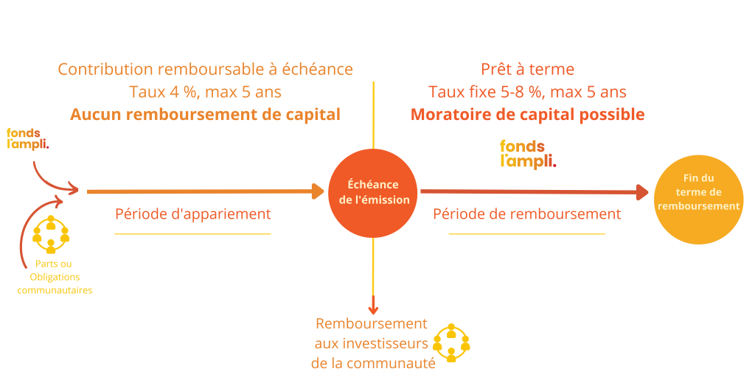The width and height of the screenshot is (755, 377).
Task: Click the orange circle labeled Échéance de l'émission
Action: click(372, 192)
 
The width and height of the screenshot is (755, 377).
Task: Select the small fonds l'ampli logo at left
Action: click(27, 138)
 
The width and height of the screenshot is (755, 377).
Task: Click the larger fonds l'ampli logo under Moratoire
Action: click(528, 154)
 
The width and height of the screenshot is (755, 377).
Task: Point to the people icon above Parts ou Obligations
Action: click(51, 234)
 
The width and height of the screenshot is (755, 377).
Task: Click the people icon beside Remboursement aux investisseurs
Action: click(451, 343)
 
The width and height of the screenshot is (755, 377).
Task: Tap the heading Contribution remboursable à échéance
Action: click(206, 69)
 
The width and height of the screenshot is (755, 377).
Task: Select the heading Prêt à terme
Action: click(528, 69)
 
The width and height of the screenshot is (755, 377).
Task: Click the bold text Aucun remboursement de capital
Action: click(206, 114)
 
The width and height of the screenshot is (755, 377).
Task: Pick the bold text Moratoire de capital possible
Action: click(528, 114)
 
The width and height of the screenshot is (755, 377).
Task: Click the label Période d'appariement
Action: click(193, 214)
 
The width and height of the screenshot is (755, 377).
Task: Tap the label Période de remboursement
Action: click(527, 214)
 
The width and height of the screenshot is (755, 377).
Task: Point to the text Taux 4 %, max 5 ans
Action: click(206, 91)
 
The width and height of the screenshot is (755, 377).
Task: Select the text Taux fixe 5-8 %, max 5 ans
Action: click(528, 91)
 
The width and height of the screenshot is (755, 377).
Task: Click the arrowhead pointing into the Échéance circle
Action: click(318, 191)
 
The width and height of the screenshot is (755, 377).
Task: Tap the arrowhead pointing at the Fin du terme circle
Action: click(643, 192)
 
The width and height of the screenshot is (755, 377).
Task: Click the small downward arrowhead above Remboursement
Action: click(373, 310)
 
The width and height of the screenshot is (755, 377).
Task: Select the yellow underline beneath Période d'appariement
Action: click(192, 234)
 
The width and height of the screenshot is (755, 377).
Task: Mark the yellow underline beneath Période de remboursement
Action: click(526, 234)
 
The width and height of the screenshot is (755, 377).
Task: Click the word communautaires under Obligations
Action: click(55, 290)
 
